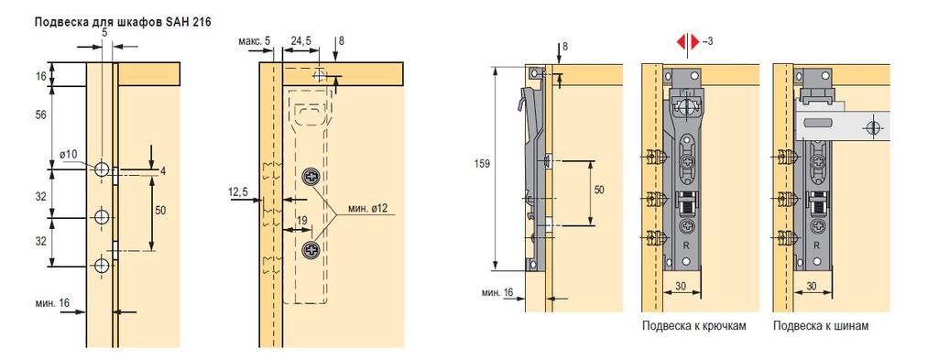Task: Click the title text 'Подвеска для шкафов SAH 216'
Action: (124, 22)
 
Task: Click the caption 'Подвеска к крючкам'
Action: (694, 326)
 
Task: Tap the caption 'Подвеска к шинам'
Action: (821, 326)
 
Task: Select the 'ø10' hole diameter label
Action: (68, 154)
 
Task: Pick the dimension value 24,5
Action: (300, 40)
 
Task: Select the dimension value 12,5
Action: (237, 191)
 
